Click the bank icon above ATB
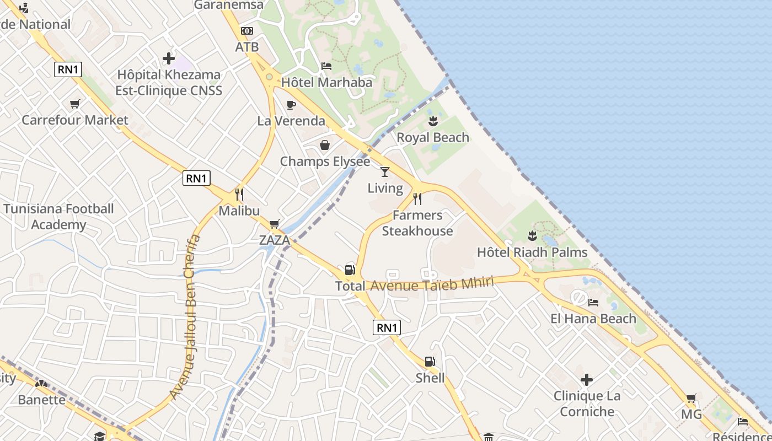point(246,31)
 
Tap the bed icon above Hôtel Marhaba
point(326,66)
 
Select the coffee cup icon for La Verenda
point(291,105)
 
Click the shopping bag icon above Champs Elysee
point(325,145)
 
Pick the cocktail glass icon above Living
point(385,172)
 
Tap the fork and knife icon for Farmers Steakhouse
point(417,198)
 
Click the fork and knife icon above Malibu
point(239,195)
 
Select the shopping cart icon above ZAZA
point(274,224)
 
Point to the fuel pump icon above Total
point(350,270)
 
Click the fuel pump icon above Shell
point(430,362)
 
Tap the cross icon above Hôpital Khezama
point(169,58)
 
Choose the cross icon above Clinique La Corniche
point(587,379)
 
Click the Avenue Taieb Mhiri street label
point(431,284)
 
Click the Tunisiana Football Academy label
point(58,217)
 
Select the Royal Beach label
point(433,137)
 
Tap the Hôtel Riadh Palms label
point(532,252)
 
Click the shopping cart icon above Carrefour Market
point(75,104)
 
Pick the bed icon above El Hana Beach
point(593,302)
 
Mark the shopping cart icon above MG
point(691,398)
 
